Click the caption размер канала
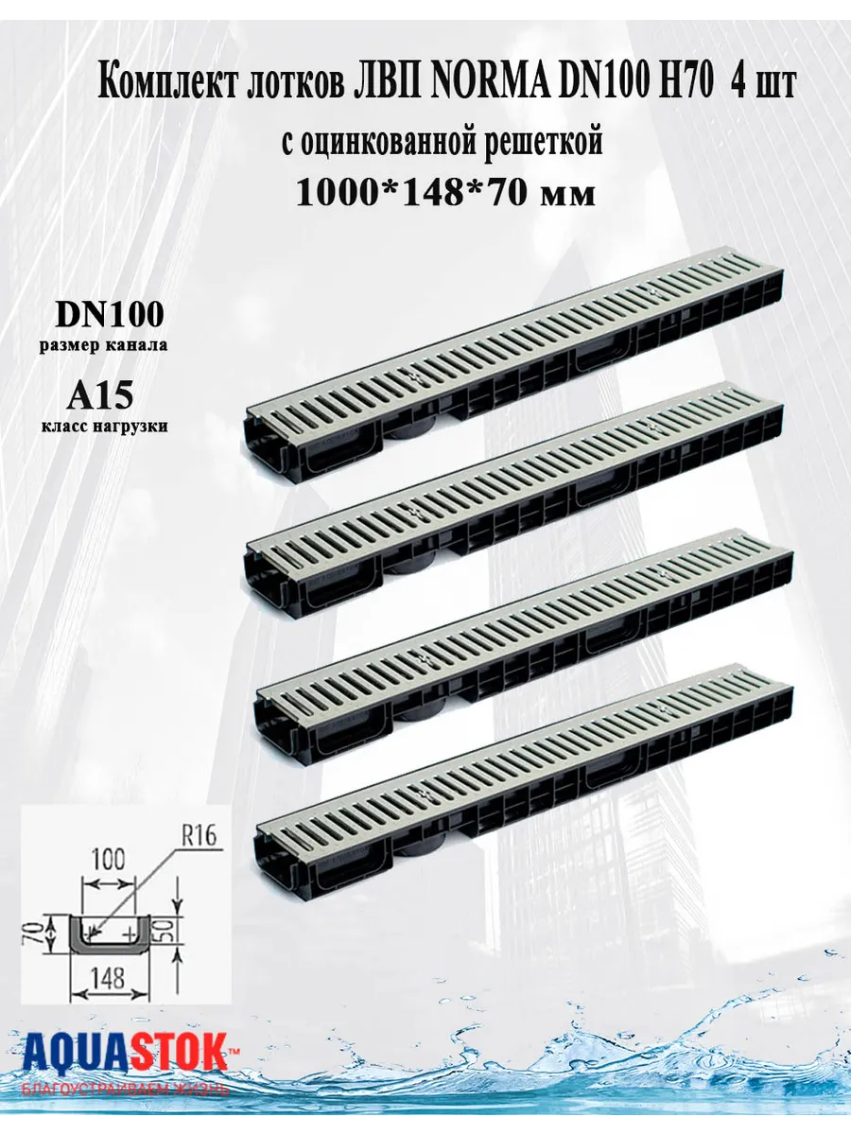pyautogui.click(x=104, y=346)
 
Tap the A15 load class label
pyautogui.click(x=99, y=396)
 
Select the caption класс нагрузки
pyautogui.click(x=104, y=427)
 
